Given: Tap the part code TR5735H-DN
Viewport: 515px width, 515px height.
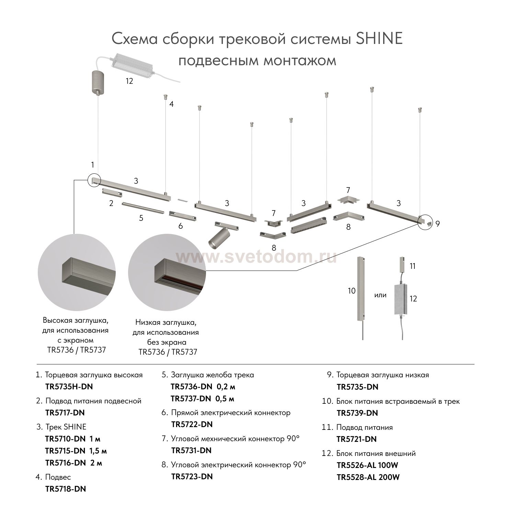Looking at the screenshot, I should point(69,387).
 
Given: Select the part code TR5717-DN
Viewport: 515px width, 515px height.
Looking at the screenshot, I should point(65,413).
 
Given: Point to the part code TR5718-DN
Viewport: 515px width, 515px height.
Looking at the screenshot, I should point(66,489).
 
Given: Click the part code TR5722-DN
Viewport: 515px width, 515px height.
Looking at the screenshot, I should point(192,424).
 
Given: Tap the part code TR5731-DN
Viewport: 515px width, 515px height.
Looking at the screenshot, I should point(191,450).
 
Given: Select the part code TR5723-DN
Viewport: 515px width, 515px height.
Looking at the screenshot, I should point(192,477).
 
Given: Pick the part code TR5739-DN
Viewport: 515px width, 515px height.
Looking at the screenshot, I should point(357,413).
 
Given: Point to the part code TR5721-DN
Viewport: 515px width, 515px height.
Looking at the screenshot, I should point(356,439).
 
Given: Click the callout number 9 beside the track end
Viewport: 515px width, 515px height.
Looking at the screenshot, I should point(437,224).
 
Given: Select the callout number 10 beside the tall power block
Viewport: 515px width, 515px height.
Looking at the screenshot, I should point(351,291).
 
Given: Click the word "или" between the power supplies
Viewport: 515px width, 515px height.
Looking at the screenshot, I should point(380,295).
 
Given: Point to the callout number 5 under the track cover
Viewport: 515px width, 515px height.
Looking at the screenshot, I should point(141,218).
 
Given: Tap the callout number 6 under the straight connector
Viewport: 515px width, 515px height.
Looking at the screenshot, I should point(181,226).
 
